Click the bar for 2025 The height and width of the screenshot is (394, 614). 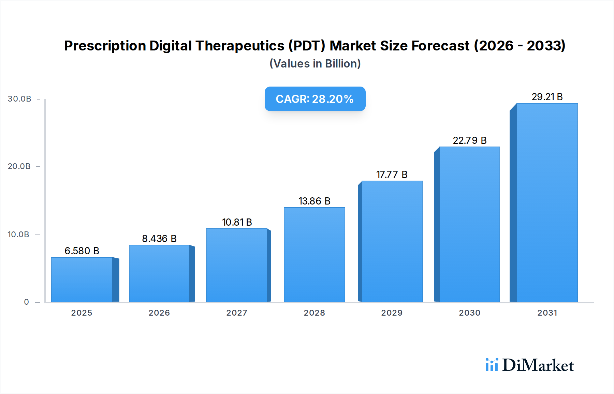click(82, 279)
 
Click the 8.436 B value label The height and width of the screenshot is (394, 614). click(159, 239)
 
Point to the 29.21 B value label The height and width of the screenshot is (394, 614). click(547, 97)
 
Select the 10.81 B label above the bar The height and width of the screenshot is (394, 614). click(237, 222)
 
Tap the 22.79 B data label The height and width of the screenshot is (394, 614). click(469, 140)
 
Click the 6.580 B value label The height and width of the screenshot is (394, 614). click(82, 251)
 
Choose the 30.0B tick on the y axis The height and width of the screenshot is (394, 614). click(19, 99)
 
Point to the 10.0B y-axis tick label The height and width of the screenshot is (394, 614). click(18, 234)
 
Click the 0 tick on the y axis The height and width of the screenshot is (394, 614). click(26, 302)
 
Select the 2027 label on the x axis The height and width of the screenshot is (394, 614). click(237, 313)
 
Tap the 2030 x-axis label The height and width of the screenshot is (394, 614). click(469, 313)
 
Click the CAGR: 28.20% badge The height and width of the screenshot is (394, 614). click(315, 99)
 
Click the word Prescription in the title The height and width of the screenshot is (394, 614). click(105, 46)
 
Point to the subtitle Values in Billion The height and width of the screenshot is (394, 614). click(315, 64)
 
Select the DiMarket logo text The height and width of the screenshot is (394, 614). click(538, 365)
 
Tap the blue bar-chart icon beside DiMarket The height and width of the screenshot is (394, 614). click(492, 365)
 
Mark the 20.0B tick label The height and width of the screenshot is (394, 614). click(19, 166)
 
